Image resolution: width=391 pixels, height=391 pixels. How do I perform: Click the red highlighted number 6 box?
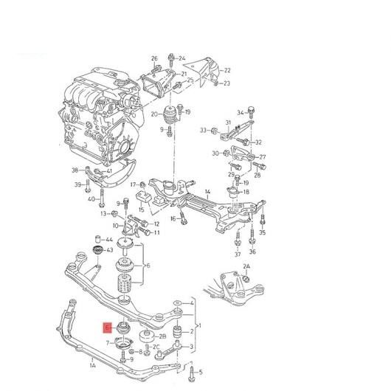coord(108,328)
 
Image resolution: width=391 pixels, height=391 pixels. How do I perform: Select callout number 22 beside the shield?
coord(226,70)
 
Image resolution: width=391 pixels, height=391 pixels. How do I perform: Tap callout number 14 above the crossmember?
coord(207,192)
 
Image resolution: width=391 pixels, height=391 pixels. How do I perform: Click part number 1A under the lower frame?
coord(92,365)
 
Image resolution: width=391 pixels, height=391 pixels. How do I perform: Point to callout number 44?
coord(109,240)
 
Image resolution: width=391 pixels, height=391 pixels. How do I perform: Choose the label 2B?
coord(162,336)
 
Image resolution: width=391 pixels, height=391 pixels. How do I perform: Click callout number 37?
coord(238,254)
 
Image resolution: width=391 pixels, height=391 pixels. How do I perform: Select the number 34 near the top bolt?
coord(241,113)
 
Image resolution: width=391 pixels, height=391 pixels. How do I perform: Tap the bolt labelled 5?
coord(192,373)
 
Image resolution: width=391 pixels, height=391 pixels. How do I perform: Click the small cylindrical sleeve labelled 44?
coord(99,238)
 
